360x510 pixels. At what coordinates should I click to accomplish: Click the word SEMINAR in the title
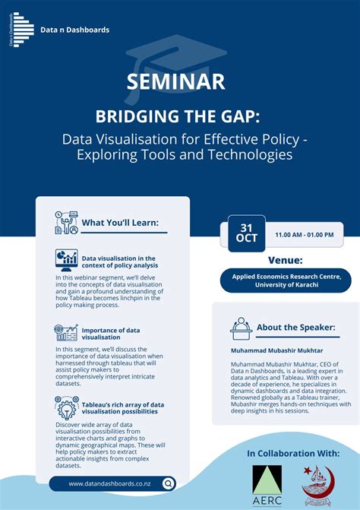[179, 82]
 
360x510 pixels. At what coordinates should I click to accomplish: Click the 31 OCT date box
[247, 233]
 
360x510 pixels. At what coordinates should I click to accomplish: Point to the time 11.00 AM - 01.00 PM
[304, 235]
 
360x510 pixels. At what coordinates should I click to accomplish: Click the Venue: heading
[286, 258]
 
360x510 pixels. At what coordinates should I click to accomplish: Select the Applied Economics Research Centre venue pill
[286, 280]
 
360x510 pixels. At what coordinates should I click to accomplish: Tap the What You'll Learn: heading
[120, 223]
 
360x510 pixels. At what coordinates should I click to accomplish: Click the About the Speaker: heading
[295, 328]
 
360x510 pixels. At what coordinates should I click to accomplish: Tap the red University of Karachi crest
[317, 483]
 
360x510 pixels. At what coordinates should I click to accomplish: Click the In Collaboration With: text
[292, 453]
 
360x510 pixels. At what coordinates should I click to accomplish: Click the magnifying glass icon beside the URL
[168, 483]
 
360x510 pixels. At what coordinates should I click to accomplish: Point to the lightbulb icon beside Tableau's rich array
[66, 408]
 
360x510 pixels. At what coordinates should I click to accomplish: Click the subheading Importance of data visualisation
[111, 334]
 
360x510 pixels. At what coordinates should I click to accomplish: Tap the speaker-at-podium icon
[241, 328]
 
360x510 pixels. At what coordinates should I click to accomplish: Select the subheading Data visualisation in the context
[118, 261]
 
